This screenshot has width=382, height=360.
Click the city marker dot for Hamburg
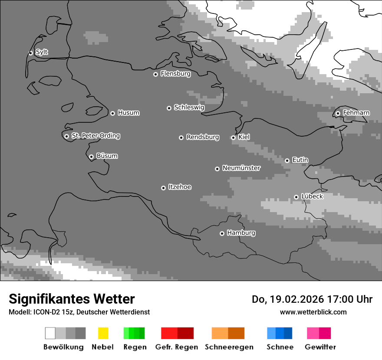[x=222, y=233]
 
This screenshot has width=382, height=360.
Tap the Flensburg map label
[x=175, y=74]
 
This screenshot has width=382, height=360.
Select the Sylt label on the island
[x=42, y=52]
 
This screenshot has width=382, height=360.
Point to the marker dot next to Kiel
[x=233, y=137]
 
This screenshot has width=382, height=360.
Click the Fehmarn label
[x=356, y=113]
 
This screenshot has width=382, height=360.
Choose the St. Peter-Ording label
[x=95, y=136]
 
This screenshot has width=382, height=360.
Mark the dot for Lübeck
[x=296, y=197]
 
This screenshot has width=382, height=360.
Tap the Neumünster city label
[x=241, y=168]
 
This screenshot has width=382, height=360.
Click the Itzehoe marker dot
[x=163, y=188]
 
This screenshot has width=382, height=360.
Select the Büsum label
[x=107, y=156]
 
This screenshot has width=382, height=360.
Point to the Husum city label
[x=128, y=113]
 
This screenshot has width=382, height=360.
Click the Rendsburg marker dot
[x=181, y=137]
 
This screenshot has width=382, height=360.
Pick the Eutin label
[x=300, y=160]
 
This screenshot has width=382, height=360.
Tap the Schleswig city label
[x=189, y=107]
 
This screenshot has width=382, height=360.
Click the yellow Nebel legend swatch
[x=103, y=333]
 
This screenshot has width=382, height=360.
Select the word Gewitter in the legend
[x=320, y=347]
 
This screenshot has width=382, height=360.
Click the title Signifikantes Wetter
[x=72, y=299]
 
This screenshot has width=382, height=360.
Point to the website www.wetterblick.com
[x=313, y=312]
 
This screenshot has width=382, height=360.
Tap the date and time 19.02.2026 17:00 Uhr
[x=312, y=299]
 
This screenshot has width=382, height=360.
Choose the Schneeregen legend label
[x=229, y=347]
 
